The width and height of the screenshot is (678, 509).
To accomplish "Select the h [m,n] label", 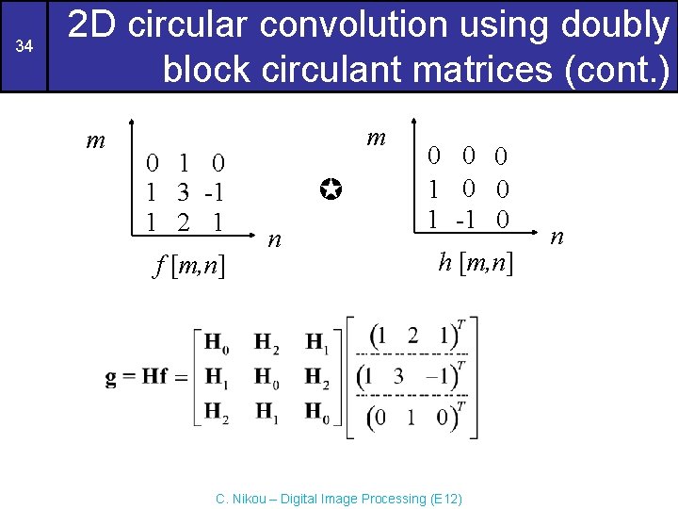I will [476, 262].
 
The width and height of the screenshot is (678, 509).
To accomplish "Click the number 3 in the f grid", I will [182, 192].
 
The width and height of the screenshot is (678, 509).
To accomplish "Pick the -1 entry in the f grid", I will [214, 192].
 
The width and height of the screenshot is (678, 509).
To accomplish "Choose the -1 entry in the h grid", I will [462, 220].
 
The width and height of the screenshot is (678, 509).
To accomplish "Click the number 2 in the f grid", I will [182, 223].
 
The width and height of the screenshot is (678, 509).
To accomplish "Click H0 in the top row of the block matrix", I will [216, 340].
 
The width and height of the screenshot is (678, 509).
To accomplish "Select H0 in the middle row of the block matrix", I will [266, 377].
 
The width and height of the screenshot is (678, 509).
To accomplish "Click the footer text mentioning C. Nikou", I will [339, 498].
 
